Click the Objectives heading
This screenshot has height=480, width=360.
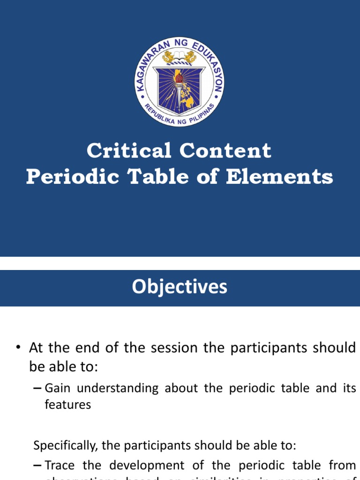pos(180,287)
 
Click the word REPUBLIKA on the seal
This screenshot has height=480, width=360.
pos(157,113)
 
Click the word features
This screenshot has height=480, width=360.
pos(67,405)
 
